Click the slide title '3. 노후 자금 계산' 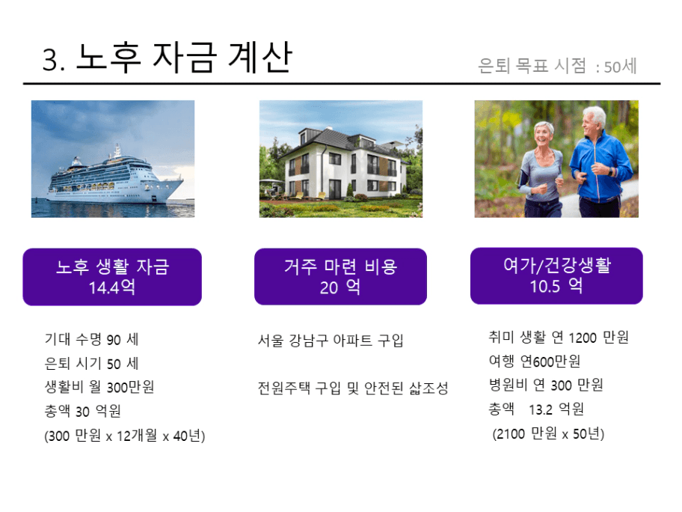coord(167,58)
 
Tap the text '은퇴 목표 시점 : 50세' coord(557,66)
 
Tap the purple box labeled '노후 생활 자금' coord(112,277)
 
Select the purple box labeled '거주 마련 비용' coord(340,276)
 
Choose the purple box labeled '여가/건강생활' coord(556,275)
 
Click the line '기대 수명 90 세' coord(92,339)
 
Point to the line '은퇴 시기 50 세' coord(92,363)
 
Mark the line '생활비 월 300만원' coord(99,386)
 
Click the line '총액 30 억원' coord(83,410)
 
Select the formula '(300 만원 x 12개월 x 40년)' coord(124,435)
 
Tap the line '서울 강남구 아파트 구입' coord(331,340)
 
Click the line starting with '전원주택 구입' coord(353,388)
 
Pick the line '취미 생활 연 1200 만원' coord(559,337)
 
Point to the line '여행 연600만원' coord(534,361)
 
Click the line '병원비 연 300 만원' coord(546,385)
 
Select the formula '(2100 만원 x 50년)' coord(548,433)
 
